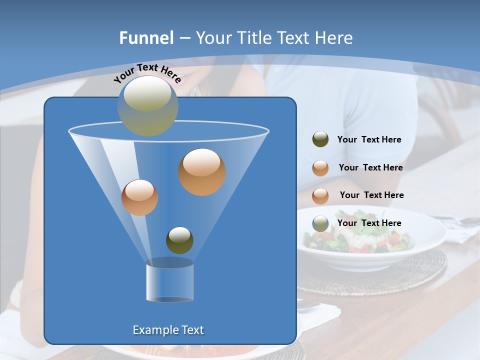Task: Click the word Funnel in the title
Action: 146,38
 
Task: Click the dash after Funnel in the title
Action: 184,38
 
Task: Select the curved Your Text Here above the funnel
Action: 147,72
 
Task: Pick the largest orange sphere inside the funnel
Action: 202,171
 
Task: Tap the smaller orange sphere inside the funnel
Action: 139,197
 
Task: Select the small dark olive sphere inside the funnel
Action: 179,240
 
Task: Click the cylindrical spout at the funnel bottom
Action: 169,280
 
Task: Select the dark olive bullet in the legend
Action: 320,139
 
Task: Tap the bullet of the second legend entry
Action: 320,167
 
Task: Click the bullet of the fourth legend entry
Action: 320,223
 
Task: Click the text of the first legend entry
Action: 369,139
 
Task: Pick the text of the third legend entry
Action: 371,195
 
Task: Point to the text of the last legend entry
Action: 369,223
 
